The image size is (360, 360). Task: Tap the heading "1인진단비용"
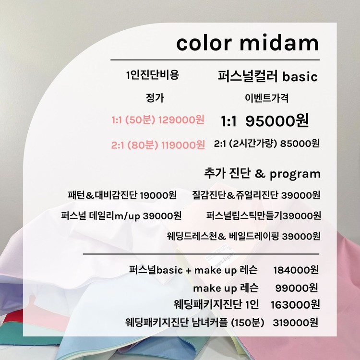(153, 74)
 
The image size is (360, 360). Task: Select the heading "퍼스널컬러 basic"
(268, 76)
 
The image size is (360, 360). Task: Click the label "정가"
(155, 98)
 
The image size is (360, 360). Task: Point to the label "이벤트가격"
(266, 98)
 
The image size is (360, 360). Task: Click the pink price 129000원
(181, 120)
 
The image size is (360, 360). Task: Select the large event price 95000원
(277, 120)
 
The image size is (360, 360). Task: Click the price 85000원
(300, 143)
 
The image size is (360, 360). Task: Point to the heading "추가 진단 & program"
(262, 174)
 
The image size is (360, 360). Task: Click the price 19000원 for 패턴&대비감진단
(158, 195)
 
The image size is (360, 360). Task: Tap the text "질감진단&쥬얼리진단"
(235, 195)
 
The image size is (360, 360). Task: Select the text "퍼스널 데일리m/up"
(101, 216)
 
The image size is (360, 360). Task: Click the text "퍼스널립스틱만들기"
(244, 216)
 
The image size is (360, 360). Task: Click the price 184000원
(296, 270)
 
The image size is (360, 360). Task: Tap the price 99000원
(297, 288)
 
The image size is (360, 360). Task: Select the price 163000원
(295, 305)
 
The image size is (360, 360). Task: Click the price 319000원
(296, 323)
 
